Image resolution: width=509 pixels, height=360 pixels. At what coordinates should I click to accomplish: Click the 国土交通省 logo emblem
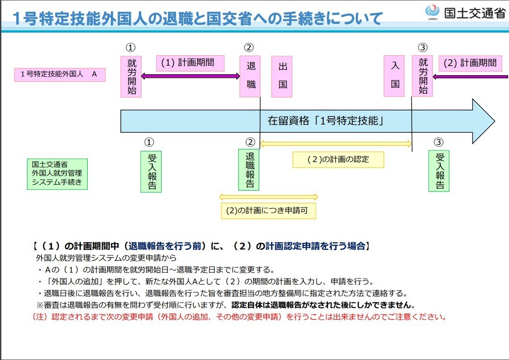(432, 12)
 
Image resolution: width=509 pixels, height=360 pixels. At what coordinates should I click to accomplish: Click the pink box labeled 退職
(250, 77)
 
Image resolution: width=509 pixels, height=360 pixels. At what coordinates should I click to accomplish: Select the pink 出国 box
(282, 77)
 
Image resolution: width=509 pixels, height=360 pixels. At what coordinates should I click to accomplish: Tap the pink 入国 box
(394, 76)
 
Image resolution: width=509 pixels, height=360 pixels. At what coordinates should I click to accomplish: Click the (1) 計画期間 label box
(190, 63)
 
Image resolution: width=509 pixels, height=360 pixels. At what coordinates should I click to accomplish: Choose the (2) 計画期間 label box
(471, 63)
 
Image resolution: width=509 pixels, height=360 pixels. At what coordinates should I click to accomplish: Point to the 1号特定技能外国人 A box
(60, 74)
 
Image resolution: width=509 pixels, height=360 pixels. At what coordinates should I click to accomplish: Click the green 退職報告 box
(249, 170)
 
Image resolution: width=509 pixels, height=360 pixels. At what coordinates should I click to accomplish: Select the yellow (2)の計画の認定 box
(338, 159)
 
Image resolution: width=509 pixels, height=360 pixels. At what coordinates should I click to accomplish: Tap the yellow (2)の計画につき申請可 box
(268, 211)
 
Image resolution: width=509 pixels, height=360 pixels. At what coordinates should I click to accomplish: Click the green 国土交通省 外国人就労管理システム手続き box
(57, 174)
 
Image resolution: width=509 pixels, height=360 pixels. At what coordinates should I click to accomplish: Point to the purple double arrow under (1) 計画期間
(190, 77)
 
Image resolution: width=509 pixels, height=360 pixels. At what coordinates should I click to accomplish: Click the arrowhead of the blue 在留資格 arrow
(484, 121)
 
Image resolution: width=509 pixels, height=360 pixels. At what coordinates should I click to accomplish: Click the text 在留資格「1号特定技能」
(326, 121)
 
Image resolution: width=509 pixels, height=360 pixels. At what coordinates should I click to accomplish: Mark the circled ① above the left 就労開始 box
(130, 48)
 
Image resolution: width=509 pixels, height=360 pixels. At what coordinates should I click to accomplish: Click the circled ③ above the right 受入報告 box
(438, 142)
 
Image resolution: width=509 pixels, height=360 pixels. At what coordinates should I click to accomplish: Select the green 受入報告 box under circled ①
(151, 172)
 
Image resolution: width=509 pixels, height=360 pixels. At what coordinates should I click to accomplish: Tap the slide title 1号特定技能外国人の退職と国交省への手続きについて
(198, 18)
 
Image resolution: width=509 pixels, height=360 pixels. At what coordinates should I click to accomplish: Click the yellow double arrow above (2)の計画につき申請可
(268, 197)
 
